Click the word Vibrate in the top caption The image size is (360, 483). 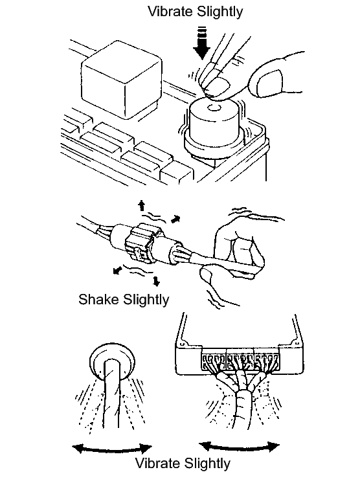(x=170, y=12)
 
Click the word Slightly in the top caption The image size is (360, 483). (x=220, y=12)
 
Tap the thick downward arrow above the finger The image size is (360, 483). (x=201, y=43)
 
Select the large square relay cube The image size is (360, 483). (x=121, y=79)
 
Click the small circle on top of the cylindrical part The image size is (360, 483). (x=213, y=108)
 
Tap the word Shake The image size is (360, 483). (x=98, y=299)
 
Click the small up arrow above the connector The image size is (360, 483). (x=141, y=205)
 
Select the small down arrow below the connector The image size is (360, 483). (x=157, y=280)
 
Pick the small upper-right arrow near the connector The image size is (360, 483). (x=175, y=219)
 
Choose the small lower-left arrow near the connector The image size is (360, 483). (x=117, y=271)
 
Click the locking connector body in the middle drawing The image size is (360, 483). (x=141, y=244)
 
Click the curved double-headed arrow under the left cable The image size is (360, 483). (x=112, y=450)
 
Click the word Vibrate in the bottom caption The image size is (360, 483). (x=158, y=464)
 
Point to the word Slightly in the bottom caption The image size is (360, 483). (x=207, y=464)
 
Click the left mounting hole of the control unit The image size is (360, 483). (x=182, y=343)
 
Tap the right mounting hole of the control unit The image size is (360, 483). (x=297, y=343)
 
